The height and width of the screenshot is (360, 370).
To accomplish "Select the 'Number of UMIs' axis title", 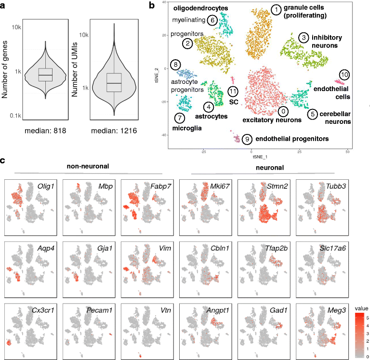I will click(75, 59).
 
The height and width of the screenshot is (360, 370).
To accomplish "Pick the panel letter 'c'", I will click(4, 160).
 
